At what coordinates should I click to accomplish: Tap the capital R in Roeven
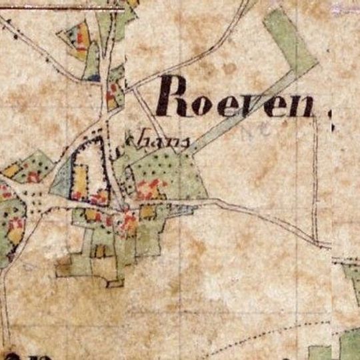click(x=170, y=95)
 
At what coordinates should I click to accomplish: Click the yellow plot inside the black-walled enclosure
click(x=80, y=180)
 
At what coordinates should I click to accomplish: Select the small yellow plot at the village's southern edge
click(x=100, y=251)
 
